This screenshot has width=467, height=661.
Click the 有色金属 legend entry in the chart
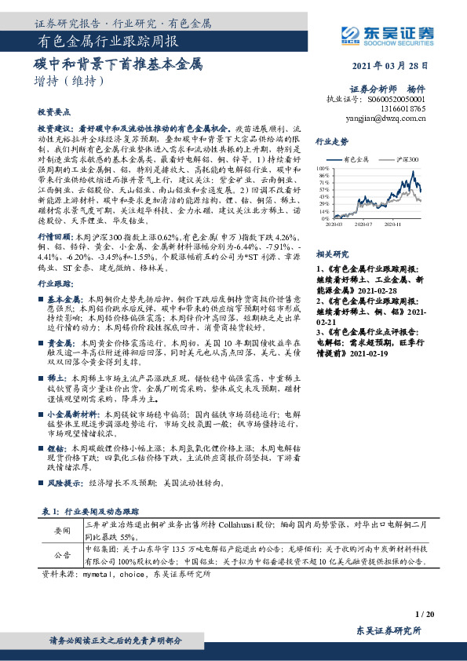tap(354, 159)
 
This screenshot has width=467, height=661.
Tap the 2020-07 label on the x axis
tap(361, 224)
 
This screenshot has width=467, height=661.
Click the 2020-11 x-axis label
tap(393, 224)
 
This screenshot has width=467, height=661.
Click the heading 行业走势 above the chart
tap(331, 141)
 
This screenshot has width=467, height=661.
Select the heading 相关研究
tap(331, 254)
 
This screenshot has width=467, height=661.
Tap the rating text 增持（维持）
tap(70, 80)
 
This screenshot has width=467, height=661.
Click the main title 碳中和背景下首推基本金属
tap(119, 63)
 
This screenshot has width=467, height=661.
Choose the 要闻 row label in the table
tap(62, 531)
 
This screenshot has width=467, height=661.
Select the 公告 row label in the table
tap(62, 556)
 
